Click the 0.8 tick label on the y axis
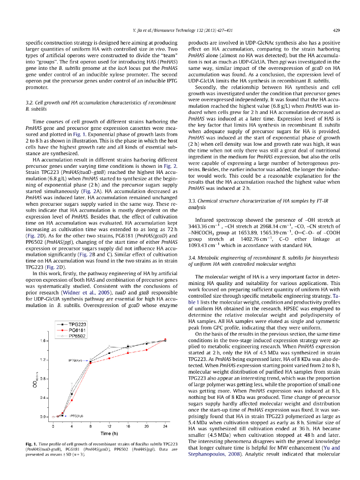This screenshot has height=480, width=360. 43,379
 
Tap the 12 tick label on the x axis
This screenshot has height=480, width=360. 109,426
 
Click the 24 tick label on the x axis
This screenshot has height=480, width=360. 165,426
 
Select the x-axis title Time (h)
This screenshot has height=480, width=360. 109,434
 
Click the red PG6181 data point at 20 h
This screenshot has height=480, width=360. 147,350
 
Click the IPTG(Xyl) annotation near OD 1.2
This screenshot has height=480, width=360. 75,360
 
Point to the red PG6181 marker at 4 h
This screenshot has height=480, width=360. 72,400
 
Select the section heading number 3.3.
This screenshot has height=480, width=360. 192,201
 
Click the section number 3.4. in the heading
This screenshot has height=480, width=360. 192,257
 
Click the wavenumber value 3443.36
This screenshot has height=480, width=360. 200,225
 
